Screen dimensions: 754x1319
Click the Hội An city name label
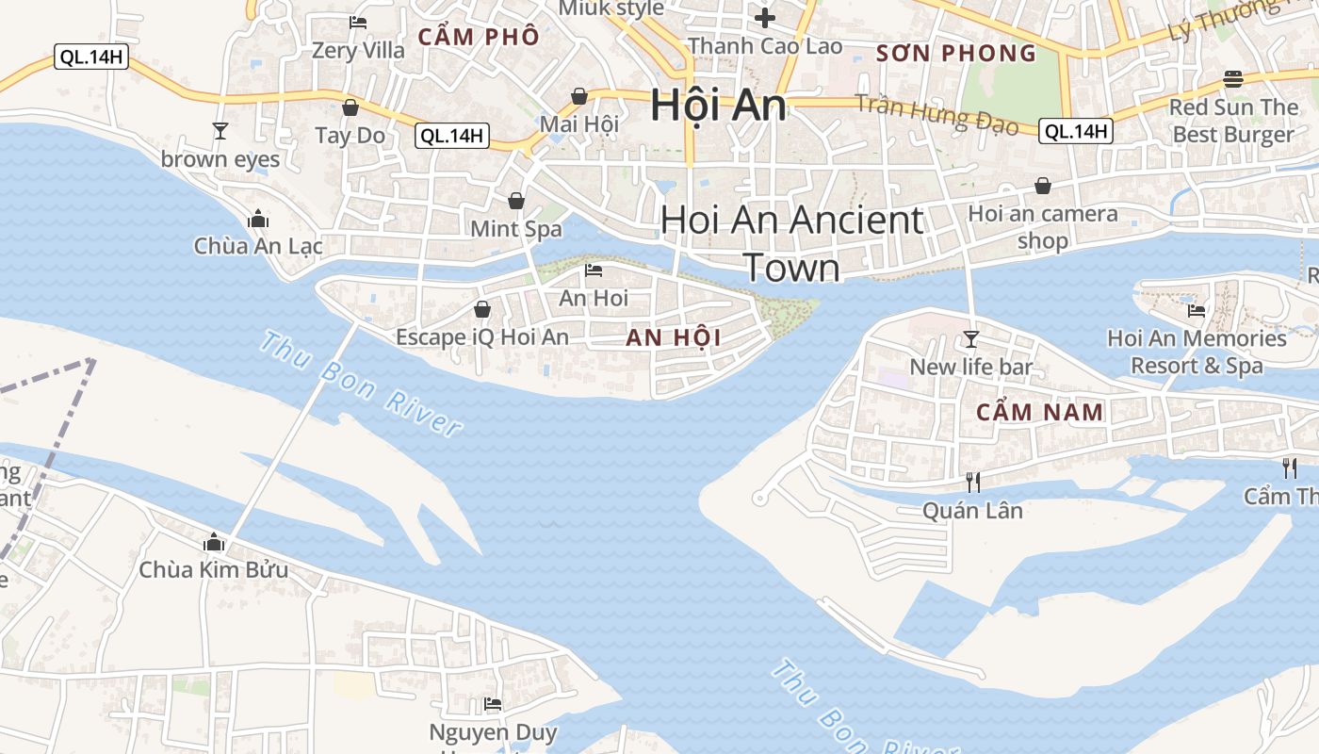[718, 105]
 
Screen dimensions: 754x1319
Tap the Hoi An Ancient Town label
[791, 243]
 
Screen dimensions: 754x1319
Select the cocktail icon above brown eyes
[220, 130]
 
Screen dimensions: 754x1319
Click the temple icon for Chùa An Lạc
[258, 220]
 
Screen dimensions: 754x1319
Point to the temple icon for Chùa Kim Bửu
[214, 542]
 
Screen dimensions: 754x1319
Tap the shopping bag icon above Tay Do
[350, 107]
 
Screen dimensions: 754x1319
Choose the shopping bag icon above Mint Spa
[516, 200]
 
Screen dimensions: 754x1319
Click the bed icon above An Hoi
[594, 270]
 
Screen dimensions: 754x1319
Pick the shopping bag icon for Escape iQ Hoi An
[482, 309]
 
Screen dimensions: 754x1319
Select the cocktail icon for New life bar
[971, 338]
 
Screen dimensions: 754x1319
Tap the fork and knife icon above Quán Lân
[973, 482]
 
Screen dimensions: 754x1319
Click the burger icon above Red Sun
[1233, 78]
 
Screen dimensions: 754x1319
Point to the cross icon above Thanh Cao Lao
[765, 17]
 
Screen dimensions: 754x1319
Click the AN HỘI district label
[674, 338]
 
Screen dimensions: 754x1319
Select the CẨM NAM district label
[1040, 412]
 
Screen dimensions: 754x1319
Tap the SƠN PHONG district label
[956, 53]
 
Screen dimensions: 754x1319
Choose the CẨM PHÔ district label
[479, 37]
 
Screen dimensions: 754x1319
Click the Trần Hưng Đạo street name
[936, 113]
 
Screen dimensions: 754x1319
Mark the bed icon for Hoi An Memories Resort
[1197, 309]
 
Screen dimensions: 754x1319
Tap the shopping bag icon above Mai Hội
[579, 96]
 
